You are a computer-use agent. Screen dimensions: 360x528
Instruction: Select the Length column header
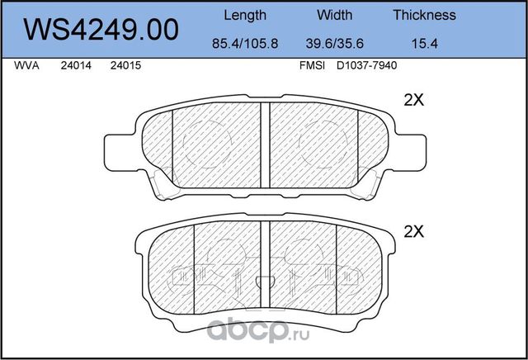pyautogui.click(x=245, y=15)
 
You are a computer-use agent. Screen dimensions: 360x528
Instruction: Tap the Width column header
pyautogui.click(x=334, y=15)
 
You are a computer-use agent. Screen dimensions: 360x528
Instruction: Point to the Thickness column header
pyautogui.click(x=424, y=15)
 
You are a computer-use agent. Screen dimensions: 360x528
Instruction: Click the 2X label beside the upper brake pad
pyautogui.click(x=412, y=101)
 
